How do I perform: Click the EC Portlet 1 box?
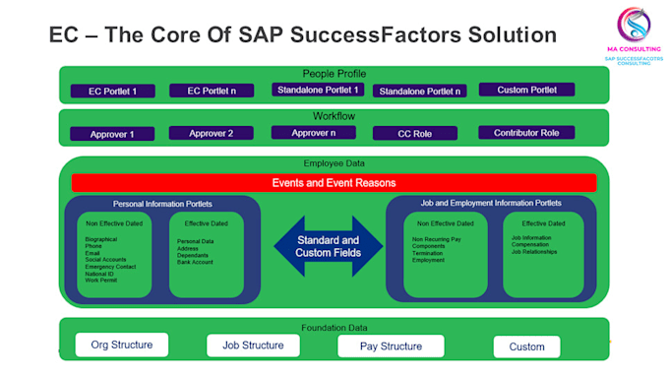coord(113,92)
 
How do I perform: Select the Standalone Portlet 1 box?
coord(318,90)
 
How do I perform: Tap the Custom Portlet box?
coord(526,90)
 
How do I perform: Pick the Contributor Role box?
coord(526,133)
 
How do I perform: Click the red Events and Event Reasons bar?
coord(334,183)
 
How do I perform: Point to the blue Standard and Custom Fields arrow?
coord(328,246)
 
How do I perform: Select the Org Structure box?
coord(121,345)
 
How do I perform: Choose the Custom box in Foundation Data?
coord(526,346)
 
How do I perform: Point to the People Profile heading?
coord(334,74)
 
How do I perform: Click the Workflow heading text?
coord(334,116)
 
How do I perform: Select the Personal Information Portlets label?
coord(162,204)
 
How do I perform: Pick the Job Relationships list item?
coord(534,252)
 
